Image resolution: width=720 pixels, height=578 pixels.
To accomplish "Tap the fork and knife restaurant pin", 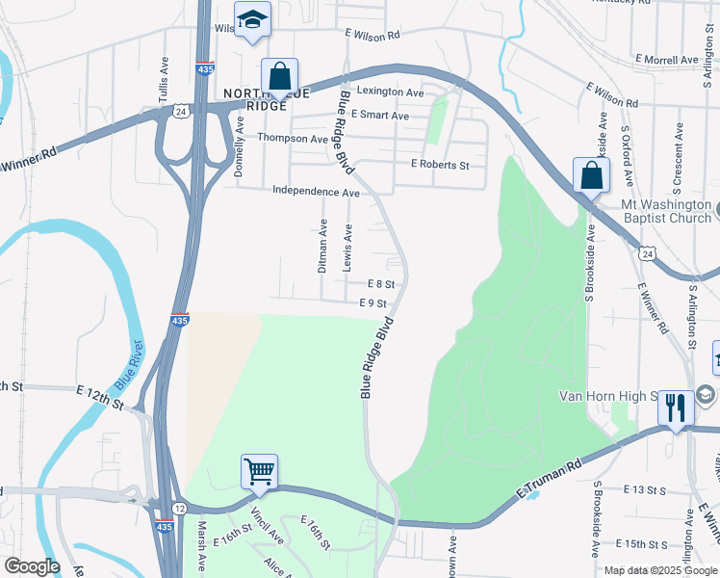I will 675,407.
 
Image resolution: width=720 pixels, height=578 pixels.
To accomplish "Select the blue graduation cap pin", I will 252,20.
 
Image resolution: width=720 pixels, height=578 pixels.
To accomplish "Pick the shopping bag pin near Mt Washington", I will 590,176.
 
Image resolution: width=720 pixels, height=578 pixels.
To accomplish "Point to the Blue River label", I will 129,364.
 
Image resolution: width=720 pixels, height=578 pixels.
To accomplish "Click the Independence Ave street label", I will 316,192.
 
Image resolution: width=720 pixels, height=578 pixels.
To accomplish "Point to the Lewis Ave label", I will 349,247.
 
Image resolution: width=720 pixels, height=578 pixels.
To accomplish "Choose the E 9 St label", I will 373,302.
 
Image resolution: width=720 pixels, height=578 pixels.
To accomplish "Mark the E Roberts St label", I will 439,165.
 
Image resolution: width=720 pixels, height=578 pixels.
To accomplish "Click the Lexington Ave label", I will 390,92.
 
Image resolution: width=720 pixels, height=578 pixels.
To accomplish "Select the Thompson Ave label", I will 293,138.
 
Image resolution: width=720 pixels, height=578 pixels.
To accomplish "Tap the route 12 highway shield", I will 180,508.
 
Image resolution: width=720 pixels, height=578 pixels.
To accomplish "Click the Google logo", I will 31,566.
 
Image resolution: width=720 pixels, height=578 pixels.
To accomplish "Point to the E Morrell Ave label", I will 667,60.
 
